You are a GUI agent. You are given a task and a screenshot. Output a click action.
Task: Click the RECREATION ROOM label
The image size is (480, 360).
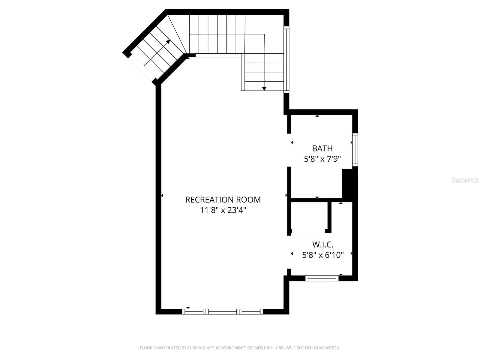pos(223,200)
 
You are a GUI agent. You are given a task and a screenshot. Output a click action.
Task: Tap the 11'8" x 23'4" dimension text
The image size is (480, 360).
pos(223,210)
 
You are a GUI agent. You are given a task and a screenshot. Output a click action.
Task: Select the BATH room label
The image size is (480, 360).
pos(322,148)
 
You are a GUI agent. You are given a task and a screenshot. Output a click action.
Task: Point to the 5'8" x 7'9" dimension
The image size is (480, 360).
pos(322,159)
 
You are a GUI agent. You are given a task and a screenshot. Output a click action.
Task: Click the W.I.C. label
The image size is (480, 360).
pos(322,244)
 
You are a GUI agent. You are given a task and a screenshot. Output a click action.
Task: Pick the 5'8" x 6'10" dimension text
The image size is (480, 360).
pos(322,255)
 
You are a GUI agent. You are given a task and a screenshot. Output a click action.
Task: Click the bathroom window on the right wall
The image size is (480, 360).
pos(355,150)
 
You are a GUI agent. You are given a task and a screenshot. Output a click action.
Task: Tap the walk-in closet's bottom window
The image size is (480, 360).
pos(322,278)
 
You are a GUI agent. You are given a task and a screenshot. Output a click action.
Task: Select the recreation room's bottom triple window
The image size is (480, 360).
pos(222,311)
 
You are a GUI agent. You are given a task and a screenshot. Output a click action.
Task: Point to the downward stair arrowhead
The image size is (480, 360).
pos(264,88)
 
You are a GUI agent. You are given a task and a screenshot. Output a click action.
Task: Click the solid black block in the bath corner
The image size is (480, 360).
pos(348,184)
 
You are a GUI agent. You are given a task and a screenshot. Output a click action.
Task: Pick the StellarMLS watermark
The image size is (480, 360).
pos(465,180)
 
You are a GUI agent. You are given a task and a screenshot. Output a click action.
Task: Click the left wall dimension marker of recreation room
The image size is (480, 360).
pos(162,195)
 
